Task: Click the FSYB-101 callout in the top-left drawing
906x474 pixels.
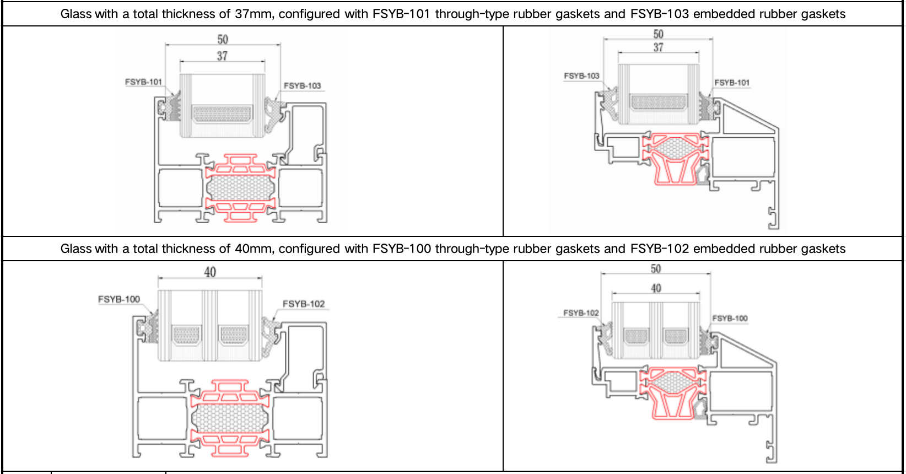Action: click(x=143, y=82)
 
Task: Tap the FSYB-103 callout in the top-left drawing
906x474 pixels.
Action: click(x=302, y=85)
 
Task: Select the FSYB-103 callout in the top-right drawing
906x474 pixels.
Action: click(x=581, y=76)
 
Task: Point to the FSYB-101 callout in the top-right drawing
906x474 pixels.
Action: click(x=732, y=83)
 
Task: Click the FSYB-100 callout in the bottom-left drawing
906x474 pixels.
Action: click(x=119, y=299)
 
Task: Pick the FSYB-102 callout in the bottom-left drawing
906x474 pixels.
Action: click(x=304, y=304)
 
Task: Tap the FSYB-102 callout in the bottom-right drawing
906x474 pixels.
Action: click(x=581, y=313)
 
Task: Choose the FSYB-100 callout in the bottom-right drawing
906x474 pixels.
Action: click(x=730, y=318)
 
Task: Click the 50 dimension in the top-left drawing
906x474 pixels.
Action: click(x=223, y=40)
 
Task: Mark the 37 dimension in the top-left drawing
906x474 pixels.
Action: click(x=222, y=56)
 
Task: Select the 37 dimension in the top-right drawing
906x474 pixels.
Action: click(x=659, y=48)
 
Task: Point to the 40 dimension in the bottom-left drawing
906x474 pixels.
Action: click(x=210, y=272)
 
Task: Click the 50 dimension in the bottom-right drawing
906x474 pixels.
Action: click(x=656, y=269)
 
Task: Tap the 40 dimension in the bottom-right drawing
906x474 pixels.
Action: click(x=656, y=288)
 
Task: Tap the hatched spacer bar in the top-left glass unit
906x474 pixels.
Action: click(x=222, y=114)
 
